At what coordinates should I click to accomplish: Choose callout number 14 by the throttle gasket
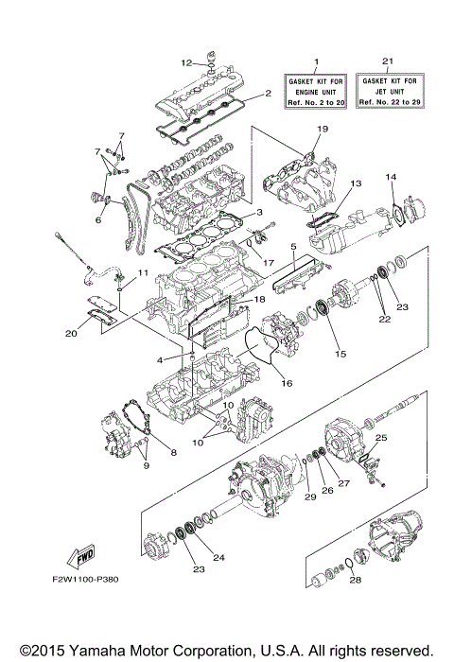coord(389,177)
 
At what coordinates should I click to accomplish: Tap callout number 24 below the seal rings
coord(219,557)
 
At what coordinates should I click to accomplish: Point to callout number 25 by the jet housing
coord(381,438)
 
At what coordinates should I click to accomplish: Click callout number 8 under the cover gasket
coord(173,452)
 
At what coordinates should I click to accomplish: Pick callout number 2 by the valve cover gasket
coord(268,94)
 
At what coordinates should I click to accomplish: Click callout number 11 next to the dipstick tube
coord(144,273)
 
